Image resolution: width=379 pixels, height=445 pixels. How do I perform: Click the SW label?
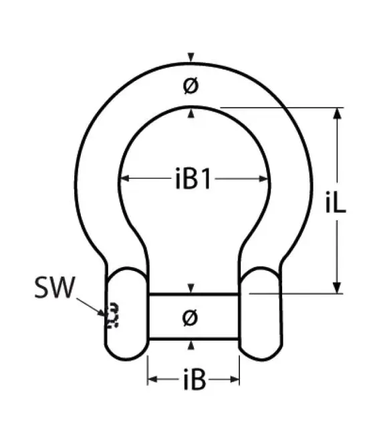pyautogui.click(x=55, y=288)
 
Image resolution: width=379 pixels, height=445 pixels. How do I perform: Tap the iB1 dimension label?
pyautogui.click(x=193, y=179)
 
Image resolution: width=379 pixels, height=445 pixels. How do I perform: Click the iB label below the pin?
pyautogui.click(x=193, y=381)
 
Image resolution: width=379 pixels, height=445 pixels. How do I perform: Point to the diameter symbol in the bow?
pyautogui.click(x=191, y=86)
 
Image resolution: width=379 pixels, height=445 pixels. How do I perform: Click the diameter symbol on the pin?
pyautogui.click(x=191, y=318)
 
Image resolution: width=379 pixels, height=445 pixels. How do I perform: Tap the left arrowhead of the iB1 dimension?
pyautogui.click(x=124, y=179)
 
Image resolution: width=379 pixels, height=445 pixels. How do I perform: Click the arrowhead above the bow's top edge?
pyautogui.click(x=192, y=56)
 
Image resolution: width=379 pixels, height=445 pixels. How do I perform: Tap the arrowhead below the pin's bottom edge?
pyautogui.click(x=192, y=345)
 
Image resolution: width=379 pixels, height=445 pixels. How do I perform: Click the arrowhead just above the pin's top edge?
pyautogui.click(x=192, y=288)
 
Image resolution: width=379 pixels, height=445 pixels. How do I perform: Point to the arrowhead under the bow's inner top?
pyautogui.click(x=192, y=114)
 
